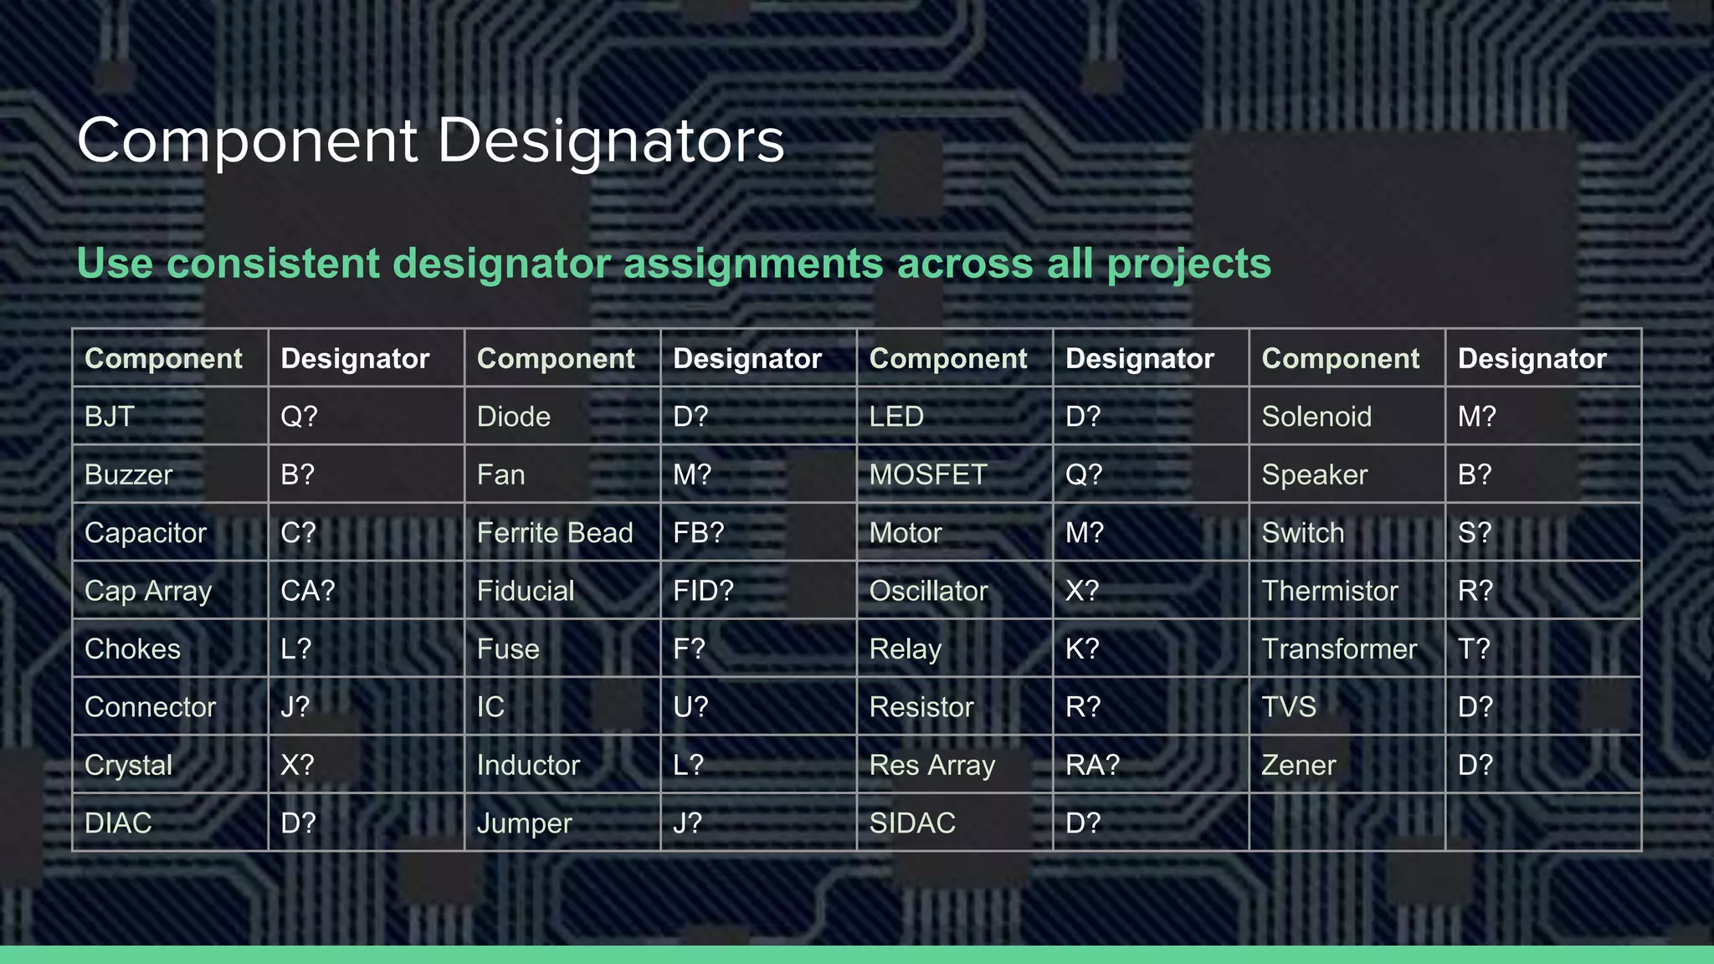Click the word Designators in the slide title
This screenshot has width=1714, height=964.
point(611,141)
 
